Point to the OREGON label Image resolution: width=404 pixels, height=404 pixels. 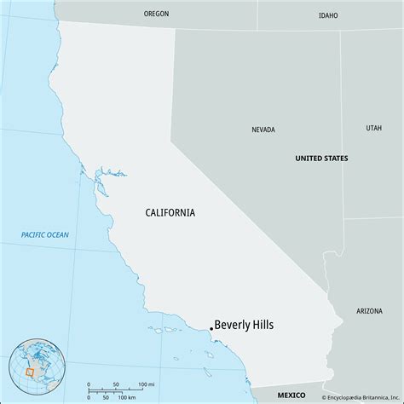[x=156, y=14]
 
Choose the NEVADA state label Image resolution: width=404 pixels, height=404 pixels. [x=263, y=130]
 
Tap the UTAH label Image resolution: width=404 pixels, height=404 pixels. [x=374, y=128]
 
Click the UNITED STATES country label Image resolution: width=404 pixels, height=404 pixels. [x=321, y=159]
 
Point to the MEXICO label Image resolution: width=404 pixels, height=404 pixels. [x=293, y=396]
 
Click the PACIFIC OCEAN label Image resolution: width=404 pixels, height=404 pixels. [x=45, y=234]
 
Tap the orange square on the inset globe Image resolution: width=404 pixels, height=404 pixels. [x=30, y=372]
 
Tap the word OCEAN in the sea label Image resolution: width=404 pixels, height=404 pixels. [x=57, y=234]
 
